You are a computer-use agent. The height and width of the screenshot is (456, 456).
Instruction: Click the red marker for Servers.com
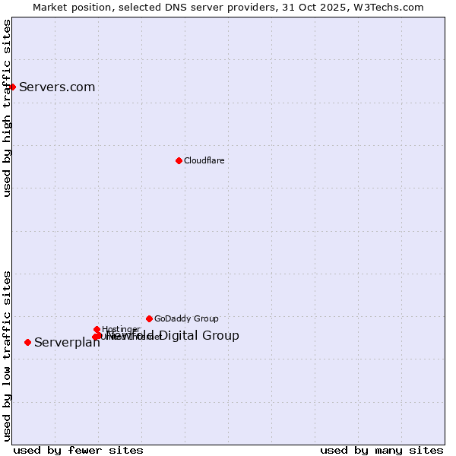coord(12,87)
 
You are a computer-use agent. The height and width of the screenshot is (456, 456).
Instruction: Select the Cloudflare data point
coord(179,160)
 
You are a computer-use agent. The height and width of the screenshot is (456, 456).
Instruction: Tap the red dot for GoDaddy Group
coord(149,318)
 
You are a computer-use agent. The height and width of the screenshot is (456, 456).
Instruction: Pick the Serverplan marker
coord(27,342)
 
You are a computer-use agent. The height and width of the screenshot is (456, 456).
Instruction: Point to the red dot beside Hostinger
coord(97,329)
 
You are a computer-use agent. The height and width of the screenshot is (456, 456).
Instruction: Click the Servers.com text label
coord(57,87)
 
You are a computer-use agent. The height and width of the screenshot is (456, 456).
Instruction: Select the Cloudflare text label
coord(204,160)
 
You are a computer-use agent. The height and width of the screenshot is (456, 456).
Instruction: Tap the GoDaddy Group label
coord(186,318)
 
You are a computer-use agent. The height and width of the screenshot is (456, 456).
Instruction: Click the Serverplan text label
coord(67,343)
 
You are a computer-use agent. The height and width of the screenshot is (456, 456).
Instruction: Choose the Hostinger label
coord(121,329)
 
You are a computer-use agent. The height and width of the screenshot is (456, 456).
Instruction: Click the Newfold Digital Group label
coord(182,335)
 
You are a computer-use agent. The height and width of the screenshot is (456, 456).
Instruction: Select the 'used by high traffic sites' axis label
coord(8,108)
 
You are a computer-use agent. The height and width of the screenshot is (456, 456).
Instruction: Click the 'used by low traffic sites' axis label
coord(8,355)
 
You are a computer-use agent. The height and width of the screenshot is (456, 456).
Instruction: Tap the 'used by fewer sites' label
coord(78,450)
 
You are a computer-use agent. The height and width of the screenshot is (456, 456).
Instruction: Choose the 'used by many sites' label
coord(381,450)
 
